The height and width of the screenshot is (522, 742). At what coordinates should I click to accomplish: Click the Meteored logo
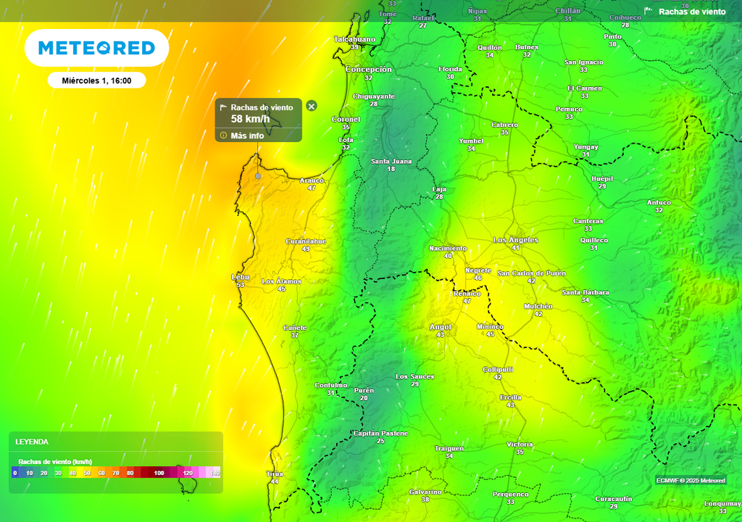[x=96, y=49]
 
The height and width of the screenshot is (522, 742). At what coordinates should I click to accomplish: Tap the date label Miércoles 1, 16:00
[x=96, y=80]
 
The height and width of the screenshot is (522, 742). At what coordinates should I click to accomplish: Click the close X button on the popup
[x=312, y=106]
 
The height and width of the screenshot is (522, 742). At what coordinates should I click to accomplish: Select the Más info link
[x=246, y=136]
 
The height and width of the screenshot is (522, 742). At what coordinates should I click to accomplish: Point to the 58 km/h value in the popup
[x=250, y=119]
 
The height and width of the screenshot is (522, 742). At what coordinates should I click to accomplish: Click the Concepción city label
[x=368, y=70]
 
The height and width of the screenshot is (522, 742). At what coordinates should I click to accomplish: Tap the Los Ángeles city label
[x=515, y=240]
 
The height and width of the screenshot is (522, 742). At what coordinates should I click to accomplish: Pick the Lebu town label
[x=240, y=277]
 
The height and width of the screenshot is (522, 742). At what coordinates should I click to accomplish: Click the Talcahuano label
[x=354, y=39]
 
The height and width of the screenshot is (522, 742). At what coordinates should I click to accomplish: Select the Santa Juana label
[x=391, y=161]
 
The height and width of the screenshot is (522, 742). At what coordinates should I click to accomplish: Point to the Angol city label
[x=440, y=327]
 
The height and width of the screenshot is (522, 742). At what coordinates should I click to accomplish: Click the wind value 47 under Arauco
[x=312, y=188]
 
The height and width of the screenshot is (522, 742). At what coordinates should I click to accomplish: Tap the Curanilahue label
[x=306, y=241]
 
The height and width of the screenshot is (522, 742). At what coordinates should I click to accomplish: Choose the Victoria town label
[x=520, y=444]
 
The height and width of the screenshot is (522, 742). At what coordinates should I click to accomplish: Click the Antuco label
[x=659, y=202]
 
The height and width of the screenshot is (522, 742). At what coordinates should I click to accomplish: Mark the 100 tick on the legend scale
[x=159, y=473]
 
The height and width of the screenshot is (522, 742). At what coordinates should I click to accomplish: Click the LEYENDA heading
[x=32, y=442]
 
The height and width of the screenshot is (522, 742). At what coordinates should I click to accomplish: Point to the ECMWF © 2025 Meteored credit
[x=691, y=481]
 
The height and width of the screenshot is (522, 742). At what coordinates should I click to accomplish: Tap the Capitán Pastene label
[x=380, y=433]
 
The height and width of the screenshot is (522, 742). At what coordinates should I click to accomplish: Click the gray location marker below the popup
[x=257, y=176]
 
